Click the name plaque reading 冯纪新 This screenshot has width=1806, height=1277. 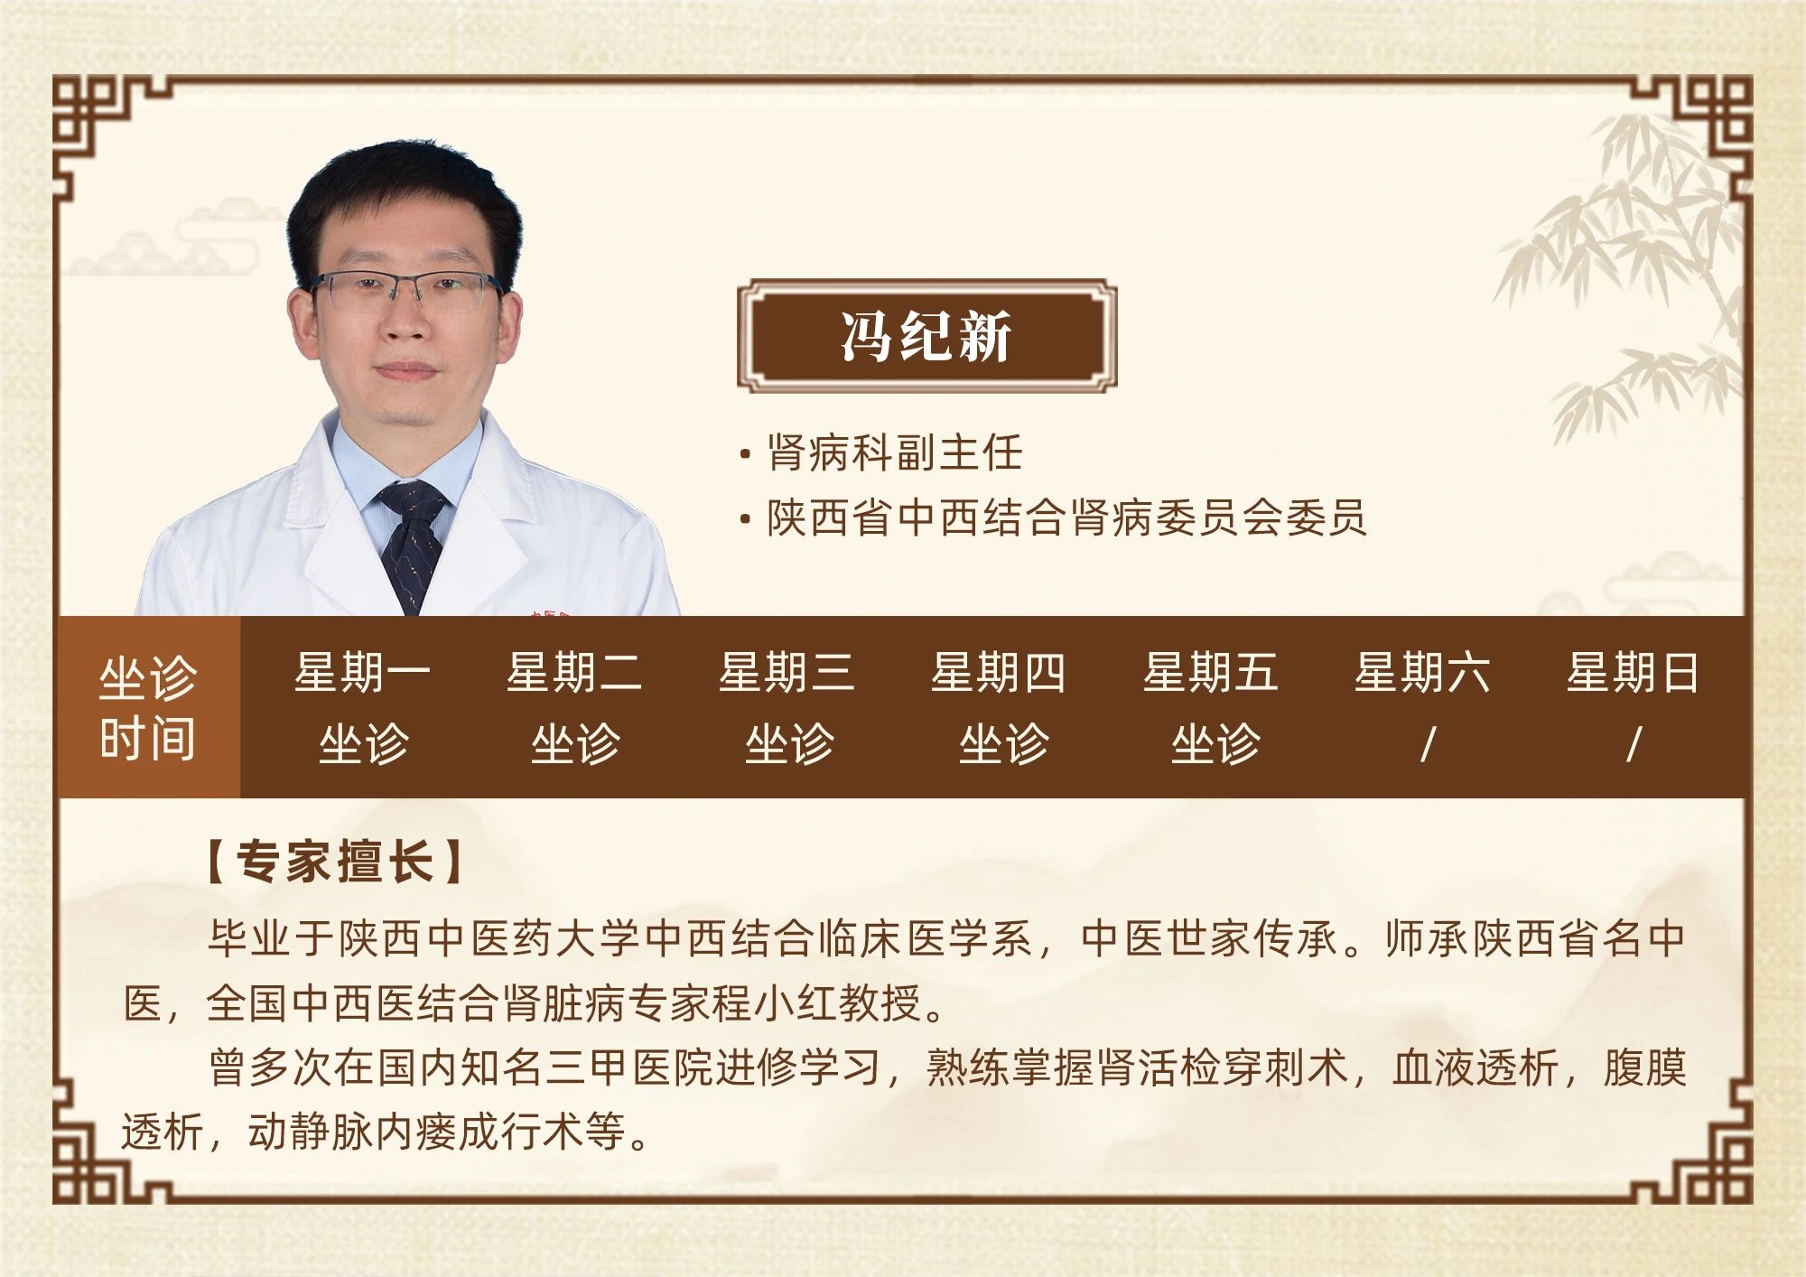(927, 336)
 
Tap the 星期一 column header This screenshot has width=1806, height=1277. (363, 673)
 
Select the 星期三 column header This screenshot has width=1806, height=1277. (787, 673)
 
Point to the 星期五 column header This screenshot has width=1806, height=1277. (1211, 673)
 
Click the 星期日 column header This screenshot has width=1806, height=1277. (1633, 673)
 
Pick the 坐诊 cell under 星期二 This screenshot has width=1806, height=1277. (575, 744)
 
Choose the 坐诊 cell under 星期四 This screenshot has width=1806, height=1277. (1003, 744)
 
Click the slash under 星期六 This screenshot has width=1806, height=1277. (1427, 745)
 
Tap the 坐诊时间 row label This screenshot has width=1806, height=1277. (148, 707)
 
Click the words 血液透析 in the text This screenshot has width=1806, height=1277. (1476, 1067)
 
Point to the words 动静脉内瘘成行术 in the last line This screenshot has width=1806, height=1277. (416, 1132)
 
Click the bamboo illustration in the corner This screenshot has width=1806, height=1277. (1625, 271)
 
